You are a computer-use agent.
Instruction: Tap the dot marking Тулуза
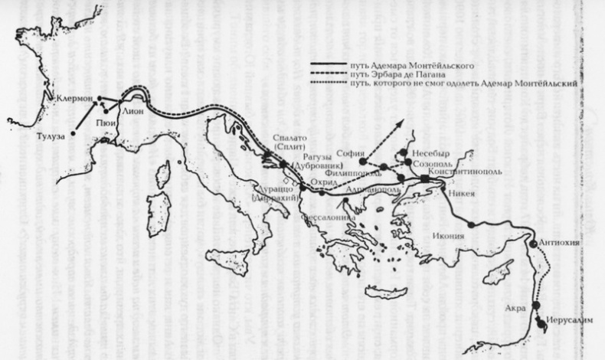pos(73,135)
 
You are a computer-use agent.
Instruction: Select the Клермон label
pos(74,99)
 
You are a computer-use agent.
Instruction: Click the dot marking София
pos(362,162)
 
